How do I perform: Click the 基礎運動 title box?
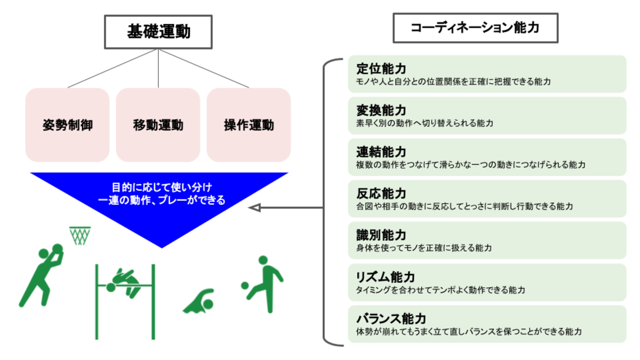pos(158,31)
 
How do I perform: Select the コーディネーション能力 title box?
pos(475,28)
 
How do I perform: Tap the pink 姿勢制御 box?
pos(67,125)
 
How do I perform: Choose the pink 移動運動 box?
pos(158,125)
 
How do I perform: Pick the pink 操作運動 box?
pos(249,125)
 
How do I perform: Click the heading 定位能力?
pos(381,69)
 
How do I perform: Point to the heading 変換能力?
pos(381,110)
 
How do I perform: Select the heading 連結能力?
pos(381,152)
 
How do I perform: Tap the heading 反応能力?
pos(381,194)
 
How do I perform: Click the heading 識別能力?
pos(381,235)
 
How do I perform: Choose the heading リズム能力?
pos(385,277)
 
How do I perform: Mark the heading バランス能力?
pos(390,318)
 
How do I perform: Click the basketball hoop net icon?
pos(79,235)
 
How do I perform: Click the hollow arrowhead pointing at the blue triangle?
pos(255,207)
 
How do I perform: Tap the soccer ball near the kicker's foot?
pos(245,285)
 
